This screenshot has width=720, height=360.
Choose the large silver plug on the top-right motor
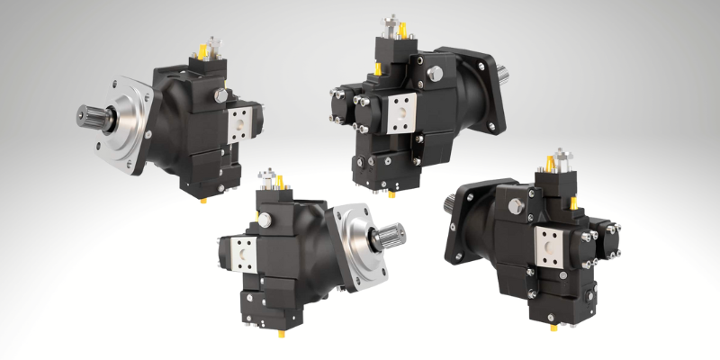point(437,71)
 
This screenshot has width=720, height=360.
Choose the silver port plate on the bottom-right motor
point(550,246)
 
